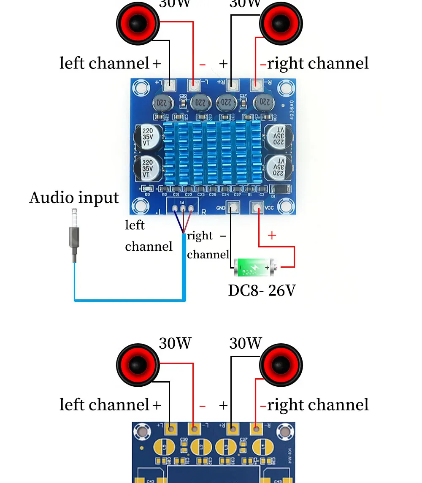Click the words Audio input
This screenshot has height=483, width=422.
click(74, 198)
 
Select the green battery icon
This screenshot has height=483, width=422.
click(253, 267)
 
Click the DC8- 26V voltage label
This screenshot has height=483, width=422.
click(262, 290)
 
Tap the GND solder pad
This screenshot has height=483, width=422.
click(233, 207)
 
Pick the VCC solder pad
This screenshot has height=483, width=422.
click(256, 207)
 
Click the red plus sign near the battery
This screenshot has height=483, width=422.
click(272, 236)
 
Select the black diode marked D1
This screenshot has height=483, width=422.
click(279, 189)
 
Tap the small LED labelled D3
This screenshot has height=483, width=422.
click(147, 189)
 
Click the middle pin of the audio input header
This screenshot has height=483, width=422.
click(183, 208)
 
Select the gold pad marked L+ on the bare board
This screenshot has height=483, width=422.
click(171, 429)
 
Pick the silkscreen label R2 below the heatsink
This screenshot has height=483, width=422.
click(165, 195)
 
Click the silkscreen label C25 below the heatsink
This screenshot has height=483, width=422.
click(213, 195)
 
